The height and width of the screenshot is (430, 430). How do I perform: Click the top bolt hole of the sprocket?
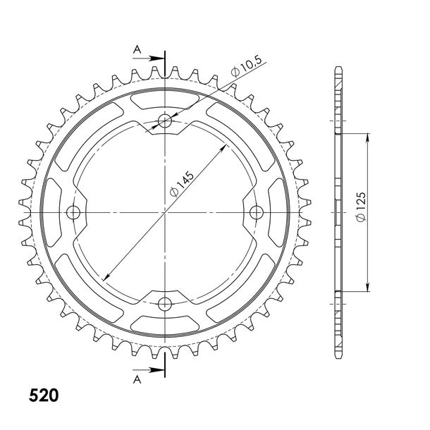(x=165, y=121)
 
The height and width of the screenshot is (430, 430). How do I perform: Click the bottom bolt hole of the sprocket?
(x=165, y=304)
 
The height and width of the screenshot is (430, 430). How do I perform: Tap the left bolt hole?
(x=73, y=212)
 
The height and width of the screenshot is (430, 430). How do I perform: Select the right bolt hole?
(x=257, y=212)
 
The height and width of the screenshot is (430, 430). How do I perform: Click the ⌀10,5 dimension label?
(x=246, y=67)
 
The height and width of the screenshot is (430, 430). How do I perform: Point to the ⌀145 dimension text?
(x=181, y=185)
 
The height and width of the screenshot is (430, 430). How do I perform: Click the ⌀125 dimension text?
(x=361, y=207)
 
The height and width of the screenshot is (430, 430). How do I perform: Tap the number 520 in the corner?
(x=44, y=395)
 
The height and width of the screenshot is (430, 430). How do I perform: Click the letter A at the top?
(x=137, y=49)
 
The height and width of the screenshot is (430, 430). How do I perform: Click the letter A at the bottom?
(x=137, y=379)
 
